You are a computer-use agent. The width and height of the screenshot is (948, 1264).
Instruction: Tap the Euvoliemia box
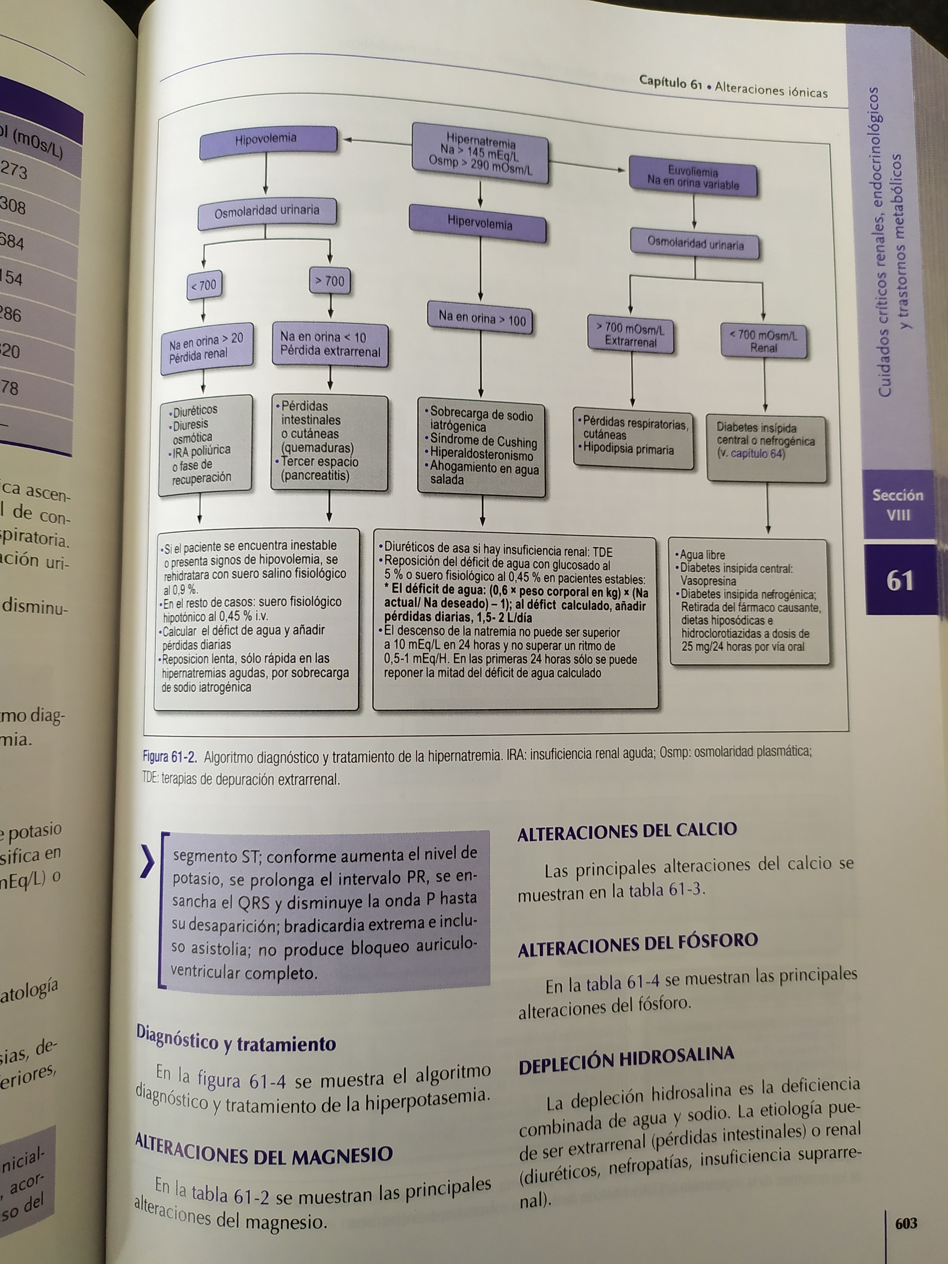click(693, 178)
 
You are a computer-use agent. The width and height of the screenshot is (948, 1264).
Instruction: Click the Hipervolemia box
click(479, 223)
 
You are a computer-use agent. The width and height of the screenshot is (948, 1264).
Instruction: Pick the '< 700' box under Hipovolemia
click(204, 285)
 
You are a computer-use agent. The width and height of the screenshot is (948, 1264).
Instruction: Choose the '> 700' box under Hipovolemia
click(330, 281)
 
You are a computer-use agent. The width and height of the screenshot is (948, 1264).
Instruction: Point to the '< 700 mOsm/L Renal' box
click(763, 341)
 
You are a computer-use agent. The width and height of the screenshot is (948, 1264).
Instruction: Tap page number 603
click(906, 1223)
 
